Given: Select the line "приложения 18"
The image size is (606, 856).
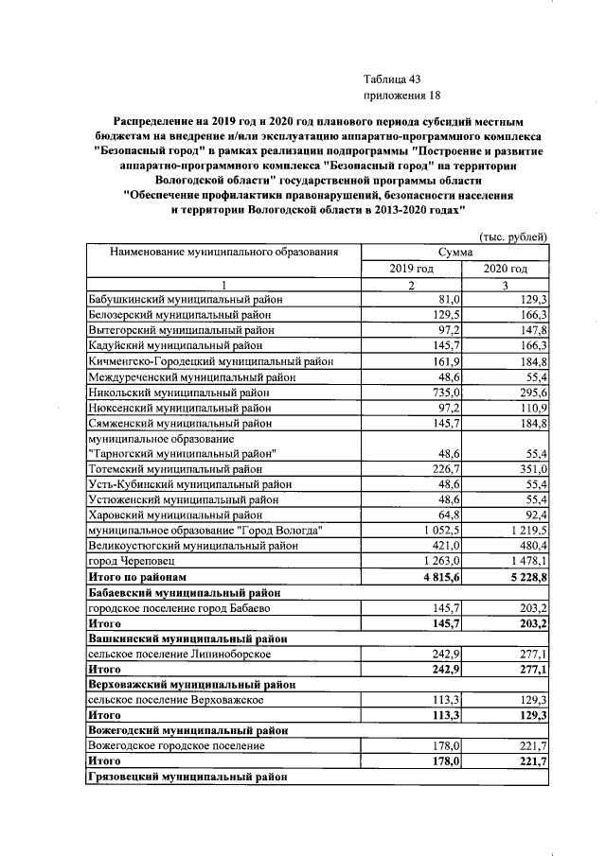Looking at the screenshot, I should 402,96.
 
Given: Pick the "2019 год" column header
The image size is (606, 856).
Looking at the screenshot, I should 412,269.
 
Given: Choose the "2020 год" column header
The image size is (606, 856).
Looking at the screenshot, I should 505,269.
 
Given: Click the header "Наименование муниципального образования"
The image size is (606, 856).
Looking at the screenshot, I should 223,252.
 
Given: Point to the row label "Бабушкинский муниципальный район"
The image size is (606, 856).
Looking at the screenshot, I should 186,299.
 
